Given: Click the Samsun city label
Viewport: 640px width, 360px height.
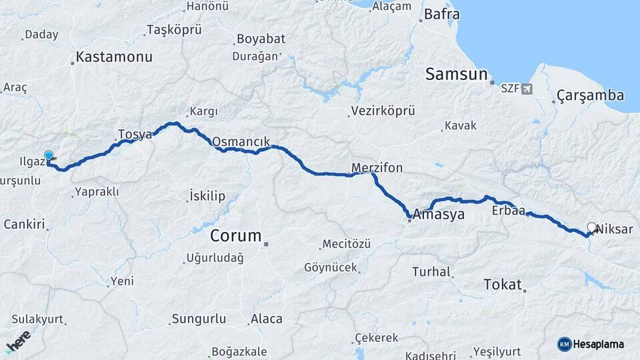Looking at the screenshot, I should pyautogui.click(x=457, y=74).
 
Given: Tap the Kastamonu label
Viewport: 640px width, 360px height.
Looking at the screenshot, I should pyautogui.click(x=114, y=57).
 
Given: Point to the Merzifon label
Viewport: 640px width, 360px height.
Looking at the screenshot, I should pyautogui.click(x=377, y=168).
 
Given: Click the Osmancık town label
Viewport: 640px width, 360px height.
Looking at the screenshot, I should pyautogui.click(x=241, y=142).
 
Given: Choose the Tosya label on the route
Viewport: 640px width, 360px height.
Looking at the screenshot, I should pyautogui.click(x=135, y=134).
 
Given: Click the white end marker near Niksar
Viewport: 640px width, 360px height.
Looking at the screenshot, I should pyautogui.click(x=591, y=227).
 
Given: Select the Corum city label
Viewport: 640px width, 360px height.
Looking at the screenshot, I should pyautogui.click(x=236, y=236).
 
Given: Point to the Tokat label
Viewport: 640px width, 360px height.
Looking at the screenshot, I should pyautogui.click(x=503, y=285).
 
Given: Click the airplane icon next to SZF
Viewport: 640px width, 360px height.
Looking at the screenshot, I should pyautogui.click(x=528, y=88).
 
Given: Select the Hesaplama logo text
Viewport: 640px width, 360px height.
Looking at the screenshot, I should pyautogui.click(x=598, y=345).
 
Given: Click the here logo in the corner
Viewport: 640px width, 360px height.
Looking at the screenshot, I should pyautogui.click(x=18, y=342).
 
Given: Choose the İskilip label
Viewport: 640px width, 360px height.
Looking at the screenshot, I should pyautogui.click(x=207, y=196).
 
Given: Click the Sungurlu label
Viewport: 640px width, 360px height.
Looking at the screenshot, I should pyautogui.click(x=199, y=319).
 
